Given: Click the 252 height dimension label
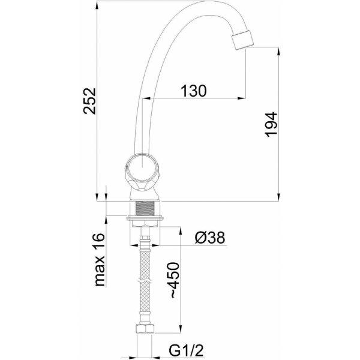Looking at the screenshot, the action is (89, 101).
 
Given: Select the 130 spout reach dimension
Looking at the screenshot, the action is (194, 91).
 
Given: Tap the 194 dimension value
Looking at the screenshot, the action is (271, 125).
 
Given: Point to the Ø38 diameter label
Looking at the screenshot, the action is (209, 237).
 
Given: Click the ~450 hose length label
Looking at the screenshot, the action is (175, 280).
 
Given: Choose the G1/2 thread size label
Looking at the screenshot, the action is (186, 350).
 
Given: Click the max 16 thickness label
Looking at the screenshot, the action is (100, 260).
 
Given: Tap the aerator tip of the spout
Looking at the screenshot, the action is (242, 40).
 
